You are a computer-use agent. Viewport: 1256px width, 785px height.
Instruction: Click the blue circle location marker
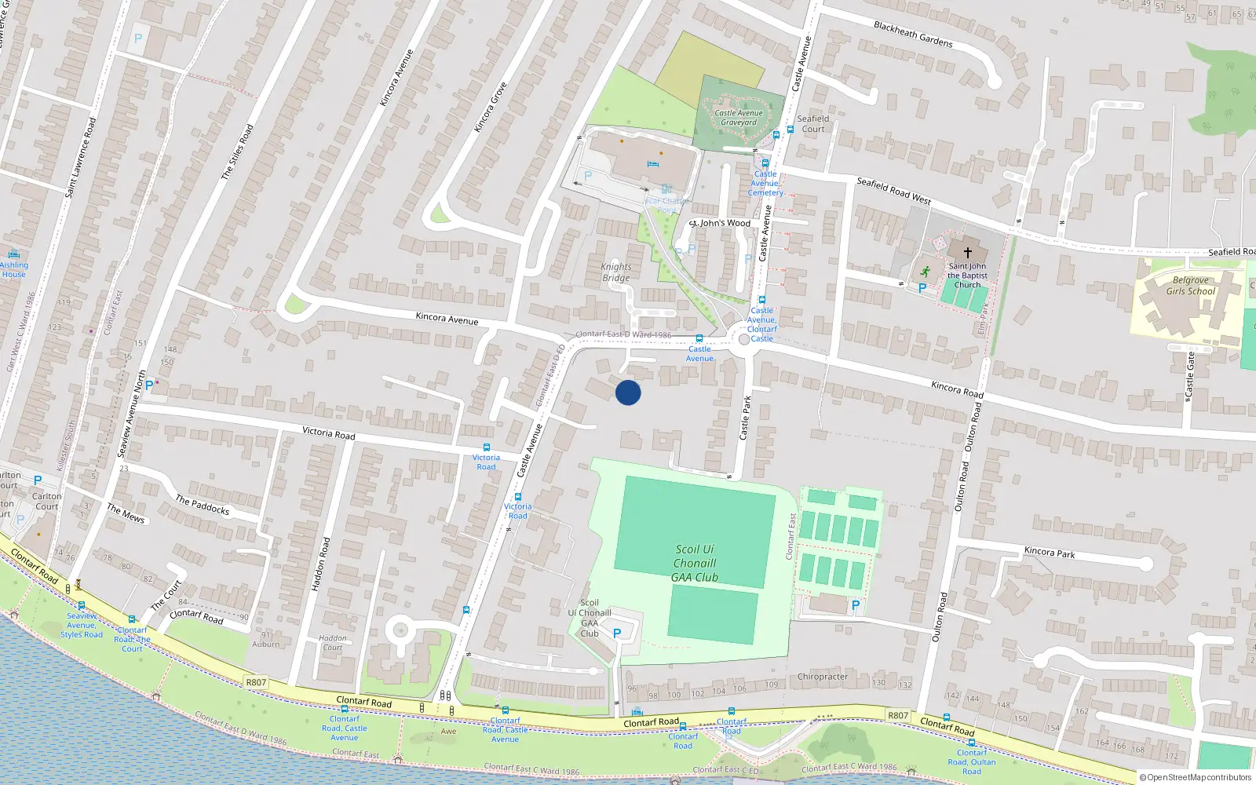628,392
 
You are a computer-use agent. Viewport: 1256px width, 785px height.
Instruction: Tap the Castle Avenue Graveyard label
739,118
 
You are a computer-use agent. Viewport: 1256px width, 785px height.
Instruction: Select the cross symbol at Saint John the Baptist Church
967,253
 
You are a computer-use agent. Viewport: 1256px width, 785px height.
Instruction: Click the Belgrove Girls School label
1190,286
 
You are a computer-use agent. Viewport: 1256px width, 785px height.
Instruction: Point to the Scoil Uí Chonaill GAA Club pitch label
695,563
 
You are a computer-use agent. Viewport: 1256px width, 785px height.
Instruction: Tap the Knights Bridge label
616,272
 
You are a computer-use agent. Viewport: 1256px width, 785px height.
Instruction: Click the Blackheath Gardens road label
913,35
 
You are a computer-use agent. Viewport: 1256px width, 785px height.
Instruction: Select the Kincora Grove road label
491,107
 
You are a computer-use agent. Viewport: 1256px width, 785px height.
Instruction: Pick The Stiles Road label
237,152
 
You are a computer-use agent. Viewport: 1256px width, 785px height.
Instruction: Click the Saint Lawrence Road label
81,157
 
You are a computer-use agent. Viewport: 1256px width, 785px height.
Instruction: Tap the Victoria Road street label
328,433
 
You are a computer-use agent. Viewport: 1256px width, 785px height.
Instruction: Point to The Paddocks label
202,505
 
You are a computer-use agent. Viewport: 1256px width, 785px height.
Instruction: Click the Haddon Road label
320,564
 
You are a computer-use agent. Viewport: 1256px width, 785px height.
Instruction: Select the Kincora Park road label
1050,552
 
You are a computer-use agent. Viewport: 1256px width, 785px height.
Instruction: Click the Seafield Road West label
893,191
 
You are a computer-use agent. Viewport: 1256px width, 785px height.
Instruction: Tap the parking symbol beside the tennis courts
856,605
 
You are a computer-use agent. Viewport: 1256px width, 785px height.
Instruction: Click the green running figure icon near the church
925,272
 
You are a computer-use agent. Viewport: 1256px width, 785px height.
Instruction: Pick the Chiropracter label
822,677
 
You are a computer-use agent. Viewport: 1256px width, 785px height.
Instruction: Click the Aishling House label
13,269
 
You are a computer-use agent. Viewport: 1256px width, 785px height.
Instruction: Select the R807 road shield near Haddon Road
256,682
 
